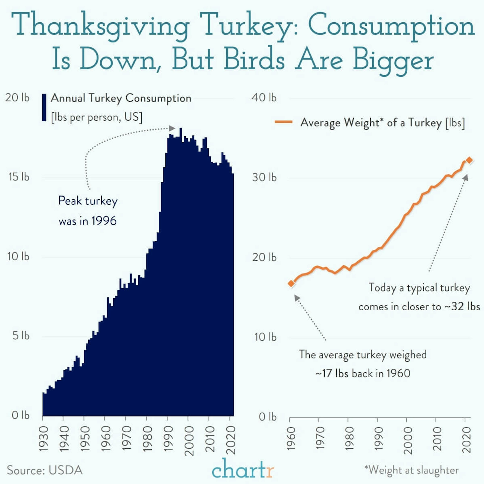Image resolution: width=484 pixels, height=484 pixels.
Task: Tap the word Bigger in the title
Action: [393, 60]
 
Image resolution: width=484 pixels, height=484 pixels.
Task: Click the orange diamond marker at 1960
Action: [291, 283]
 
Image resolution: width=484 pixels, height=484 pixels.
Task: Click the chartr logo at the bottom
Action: [243, 468]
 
